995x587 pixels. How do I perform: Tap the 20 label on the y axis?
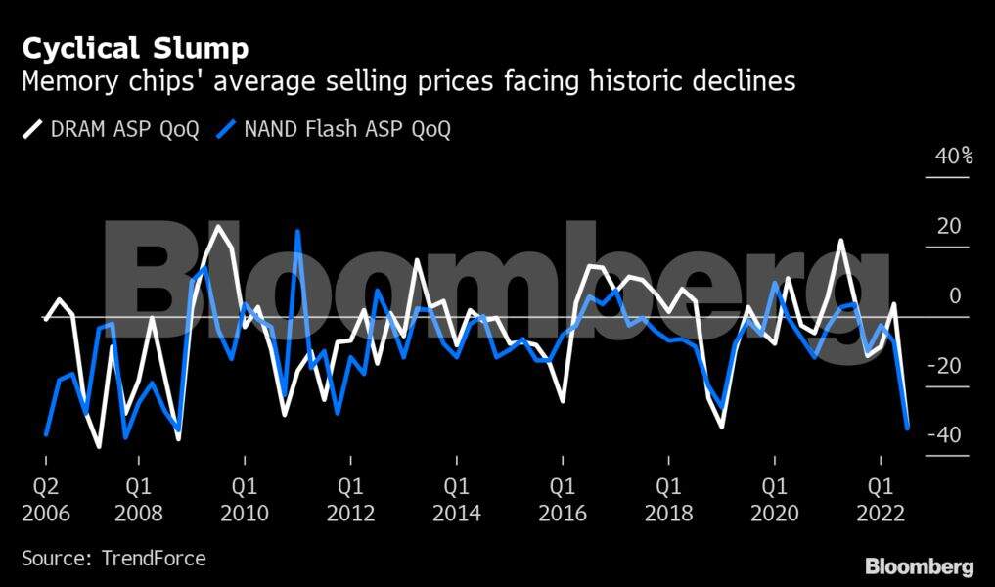(x=949, y=226)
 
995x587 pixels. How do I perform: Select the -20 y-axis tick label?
(x=944, y=366)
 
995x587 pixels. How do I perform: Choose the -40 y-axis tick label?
(x=944, y=435)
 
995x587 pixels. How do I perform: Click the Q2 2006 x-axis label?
(x=47, y=498)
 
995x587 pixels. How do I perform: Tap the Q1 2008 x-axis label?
(x=138, y=498)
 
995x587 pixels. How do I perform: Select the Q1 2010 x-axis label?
(x=245, y=498)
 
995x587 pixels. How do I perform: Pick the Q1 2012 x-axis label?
(x=350, y=498)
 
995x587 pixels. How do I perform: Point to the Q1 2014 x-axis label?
(x=456, y=498)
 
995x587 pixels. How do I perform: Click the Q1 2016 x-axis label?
(x=563, y=498)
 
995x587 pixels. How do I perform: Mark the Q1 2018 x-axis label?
(x=668, y=498)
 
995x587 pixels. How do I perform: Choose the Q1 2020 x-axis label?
(x=774, y=498)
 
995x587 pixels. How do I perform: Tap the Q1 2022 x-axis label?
(x=881, y=498)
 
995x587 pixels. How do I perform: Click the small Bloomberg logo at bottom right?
(x=919, y=566)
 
